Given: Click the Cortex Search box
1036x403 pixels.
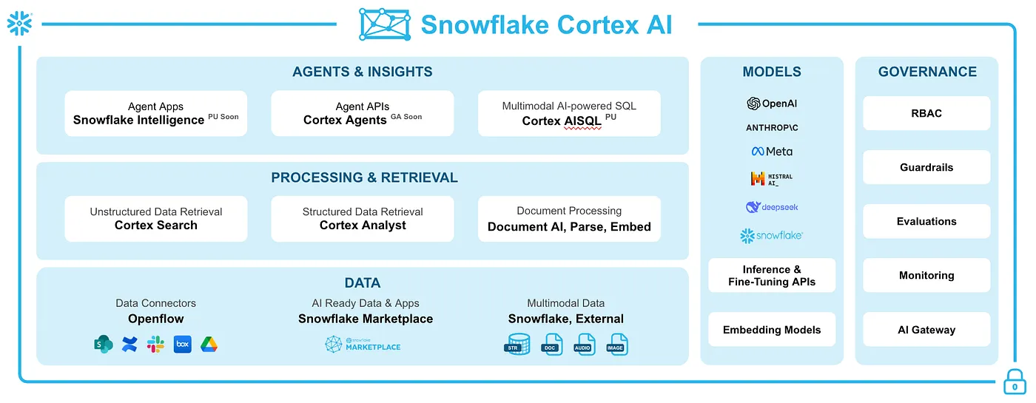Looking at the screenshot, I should [x=155, y=219].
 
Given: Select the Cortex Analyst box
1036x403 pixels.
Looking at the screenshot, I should [x=363, y=219].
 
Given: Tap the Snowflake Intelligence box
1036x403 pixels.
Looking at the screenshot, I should [x=155, y=113].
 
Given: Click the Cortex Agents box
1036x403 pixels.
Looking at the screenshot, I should [x=363, y=113].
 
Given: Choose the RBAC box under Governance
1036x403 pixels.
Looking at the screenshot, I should [x=926, y=113].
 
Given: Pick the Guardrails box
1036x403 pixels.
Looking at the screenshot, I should [x=926, y=167].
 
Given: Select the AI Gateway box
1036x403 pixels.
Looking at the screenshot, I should [x=926, y=330].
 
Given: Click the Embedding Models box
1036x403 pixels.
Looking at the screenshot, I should [x=772, y=330].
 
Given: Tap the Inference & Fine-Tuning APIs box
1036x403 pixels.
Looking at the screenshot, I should [x=772, y=275].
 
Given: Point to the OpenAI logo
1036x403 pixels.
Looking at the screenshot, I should [x=772, y=104].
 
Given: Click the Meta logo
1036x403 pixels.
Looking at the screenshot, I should [x=772, y=152].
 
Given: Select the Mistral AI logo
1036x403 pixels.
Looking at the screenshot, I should [x=772, y=179].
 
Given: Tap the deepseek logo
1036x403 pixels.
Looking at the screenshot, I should [x=772, y=207].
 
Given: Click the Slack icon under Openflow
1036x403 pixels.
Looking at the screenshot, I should [x=155, y=344].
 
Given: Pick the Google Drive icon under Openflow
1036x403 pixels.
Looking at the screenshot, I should [x=209, y=344].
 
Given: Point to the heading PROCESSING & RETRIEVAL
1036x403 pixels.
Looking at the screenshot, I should [x=364, y=177].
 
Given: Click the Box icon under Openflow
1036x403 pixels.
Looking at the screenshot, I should [x=182, y=344].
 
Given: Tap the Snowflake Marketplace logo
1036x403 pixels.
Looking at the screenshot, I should [x=363, y=345].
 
